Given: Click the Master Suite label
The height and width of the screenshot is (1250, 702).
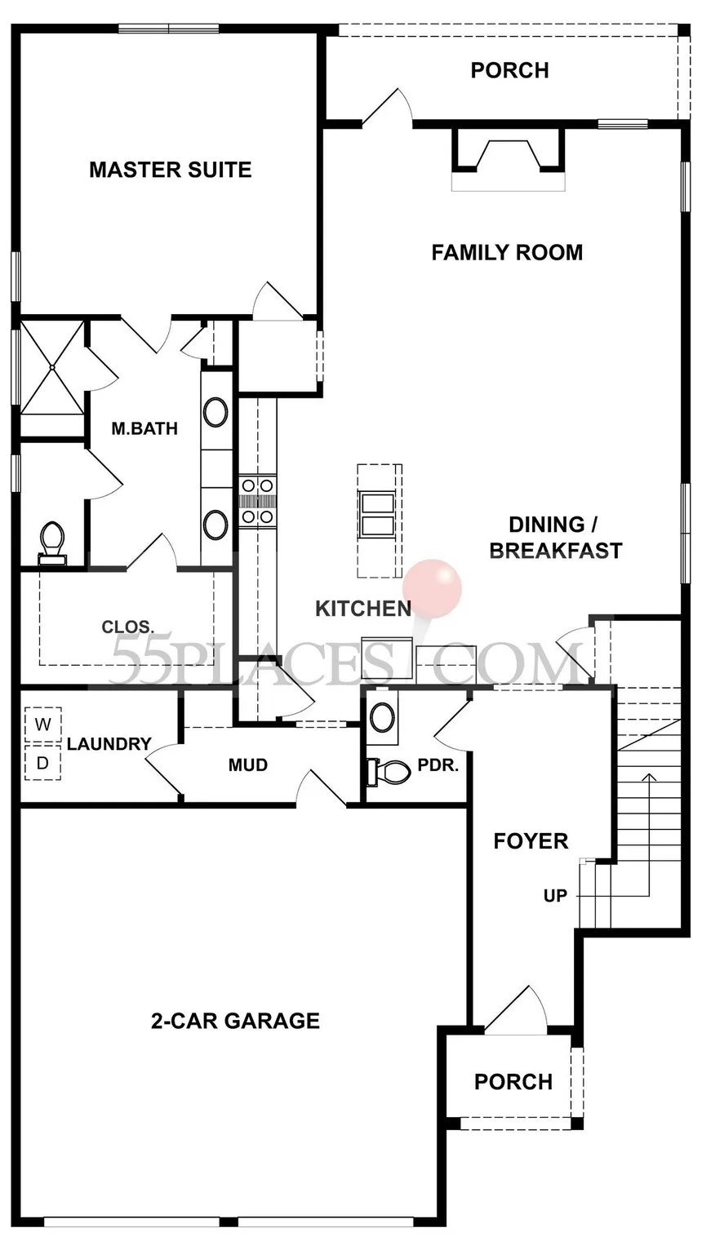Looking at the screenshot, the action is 171,170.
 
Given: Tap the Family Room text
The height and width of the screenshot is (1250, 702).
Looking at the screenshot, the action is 507,253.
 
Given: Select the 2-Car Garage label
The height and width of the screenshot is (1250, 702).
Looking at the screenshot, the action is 235,1021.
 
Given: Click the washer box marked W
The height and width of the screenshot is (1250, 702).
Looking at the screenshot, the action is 43,725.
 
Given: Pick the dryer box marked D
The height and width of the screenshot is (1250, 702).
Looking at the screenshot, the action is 43,762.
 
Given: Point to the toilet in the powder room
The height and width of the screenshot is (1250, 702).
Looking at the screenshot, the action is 388,773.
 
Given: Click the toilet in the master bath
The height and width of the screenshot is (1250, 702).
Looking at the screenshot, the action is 52,543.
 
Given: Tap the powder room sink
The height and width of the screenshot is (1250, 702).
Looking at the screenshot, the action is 383,717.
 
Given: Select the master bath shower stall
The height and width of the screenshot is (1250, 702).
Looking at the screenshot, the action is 52,367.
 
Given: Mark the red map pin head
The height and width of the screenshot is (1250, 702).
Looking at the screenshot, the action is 433,589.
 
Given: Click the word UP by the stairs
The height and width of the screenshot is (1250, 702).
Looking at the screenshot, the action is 555,896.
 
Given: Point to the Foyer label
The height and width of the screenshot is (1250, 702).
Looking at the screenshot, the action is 531,841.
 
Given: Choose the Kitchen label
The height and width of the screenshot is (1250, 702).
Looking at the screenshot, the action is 363,608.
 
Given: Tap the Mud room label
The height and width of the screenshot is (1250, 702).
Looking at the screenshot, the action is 248,765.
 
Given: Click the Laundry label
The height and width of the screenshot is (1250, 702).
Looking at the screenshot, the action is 109,744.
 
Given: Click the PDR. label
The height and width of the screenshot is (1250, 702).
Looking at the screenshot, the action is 438,765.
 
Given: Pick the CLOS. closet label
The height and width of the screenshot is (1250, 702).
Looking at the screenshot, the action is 128,627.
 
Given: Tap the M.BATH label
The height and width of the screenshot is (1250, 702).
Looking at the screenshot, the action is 144,428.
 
